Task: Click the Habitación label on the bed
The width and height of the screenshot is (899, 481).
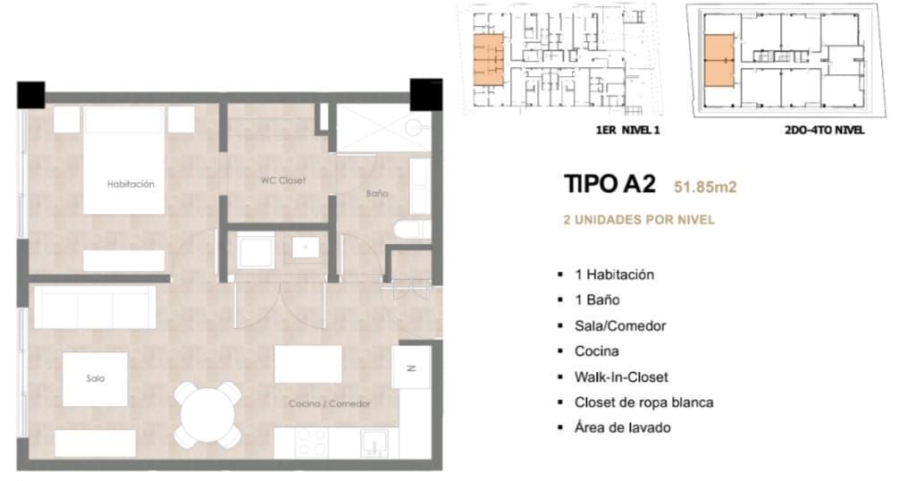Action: click(x=130, y=184)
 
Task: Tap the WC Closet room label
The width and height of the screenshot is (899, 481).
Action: click(x=283, y=181)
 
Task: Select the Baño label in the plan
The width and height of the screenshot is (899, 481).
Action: click(x=377, y=194)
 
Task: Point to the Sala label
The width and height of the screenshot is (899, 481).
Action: click(x=96, y=378)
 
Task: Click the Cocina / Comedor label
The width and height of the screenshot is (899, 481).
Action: click(x=330, y=403)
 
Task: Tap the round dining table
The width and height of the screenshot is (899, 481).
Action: click(x=207, y=415)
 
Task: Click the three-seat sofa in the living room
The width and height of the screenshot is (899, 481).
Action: click(x=96, y=308)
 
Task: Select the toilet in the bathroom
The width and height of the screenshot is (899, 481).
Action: click(x=412, y=230)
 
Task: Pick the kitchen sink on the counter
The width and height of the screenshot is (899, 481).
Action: click(x=374, y=443)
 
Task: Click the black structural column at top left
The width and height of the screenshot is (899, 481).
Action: click(x=31, y=95)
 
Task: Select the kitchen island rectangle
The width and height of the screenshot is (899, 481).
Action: click(x=308, y=364)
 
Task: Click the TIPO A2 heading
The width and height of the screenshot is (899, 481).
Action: click(x=609, y=184)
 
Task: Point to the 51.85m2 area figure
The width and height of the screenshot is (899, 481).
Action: click(x=705, y=187)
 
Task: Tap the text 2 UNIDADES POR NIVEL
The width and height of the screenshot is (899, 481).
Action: click(x=639, y=220)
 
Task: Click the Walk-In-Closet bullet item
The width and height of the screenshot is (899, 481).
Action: click(x=621, y=376)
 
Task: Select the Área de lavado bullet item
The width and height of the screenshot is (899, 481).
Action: click(x=623, y=427)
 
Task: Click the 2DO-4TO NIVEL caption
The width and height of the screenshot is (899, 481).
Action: click(x=825, y=131)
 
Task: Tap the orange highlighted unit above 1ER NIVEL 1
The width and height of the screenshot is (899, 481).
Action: click(x=489, y=60)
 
